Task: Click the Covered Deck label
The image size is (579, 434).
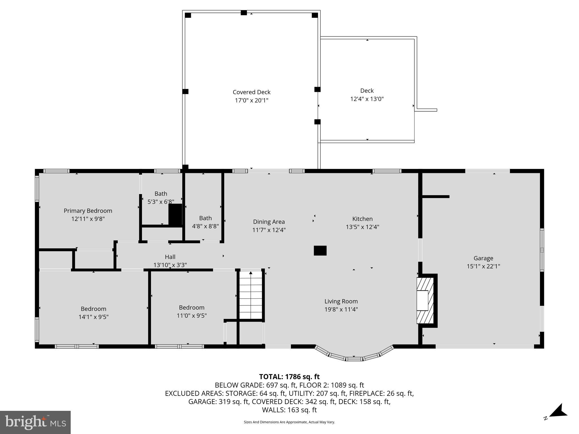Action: (251, 92)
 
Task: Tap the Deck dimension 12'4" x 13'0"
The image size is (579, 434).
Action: (367, 99)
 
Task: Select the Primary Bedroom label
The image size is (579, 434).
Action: (88, 211)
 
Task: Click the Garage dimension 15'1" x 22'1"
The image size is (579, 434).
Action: (483, 266)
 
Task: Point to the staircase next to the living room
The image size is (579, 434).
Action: (250, 295)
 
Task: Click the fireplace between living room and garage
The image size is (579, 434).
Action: (425, 300)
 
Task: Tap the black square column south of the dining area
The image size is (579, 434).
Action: (320, 251)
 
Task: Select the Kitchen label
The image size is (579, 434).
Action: (362, 219)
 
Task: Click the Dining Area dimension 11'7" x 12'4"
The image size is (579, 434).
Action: (269, 230)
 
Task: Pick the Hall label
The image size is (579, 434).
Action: (170, 257)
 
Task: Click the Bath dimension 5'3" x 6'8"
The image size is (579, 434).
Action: (161, 202)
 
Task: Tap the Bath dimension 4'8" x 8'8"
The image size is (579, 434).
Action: (205, 226)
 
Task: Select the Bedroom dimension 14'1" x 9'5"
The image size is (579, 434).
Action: (93, 317)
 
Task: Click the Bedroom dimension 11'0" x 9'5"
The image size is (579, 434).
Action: (191, 316)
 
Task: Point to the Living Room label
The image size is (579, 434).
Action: (341, 301)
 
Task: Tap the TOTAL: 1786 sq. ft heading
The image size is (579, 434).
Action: (289, 377)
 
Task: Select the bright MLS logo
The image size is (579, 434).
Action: (35, 422)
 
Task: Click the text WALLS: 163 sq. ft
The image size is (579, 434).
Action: (289, 410)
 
